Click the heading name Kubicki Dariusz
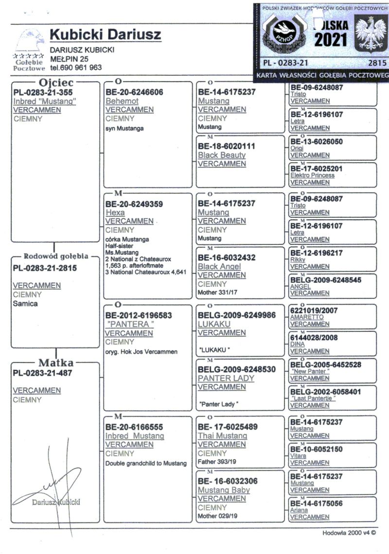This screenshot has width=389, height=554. tap(106, 35)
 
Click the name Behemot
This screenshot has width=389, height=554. tap(122, 101)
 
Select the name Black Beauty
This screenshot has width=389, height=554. tap(222, 155)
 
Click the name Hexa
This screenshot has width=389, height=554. tap(115, 212)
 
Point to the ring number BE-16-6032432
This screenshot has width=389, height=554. tap(227, 257)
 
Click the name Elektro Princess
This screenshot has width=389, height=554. tap(312, 175)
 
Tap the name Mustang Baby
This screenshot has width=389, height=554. tap(224, 490)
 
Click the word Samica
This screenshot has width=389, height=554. tap(25, 303)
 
